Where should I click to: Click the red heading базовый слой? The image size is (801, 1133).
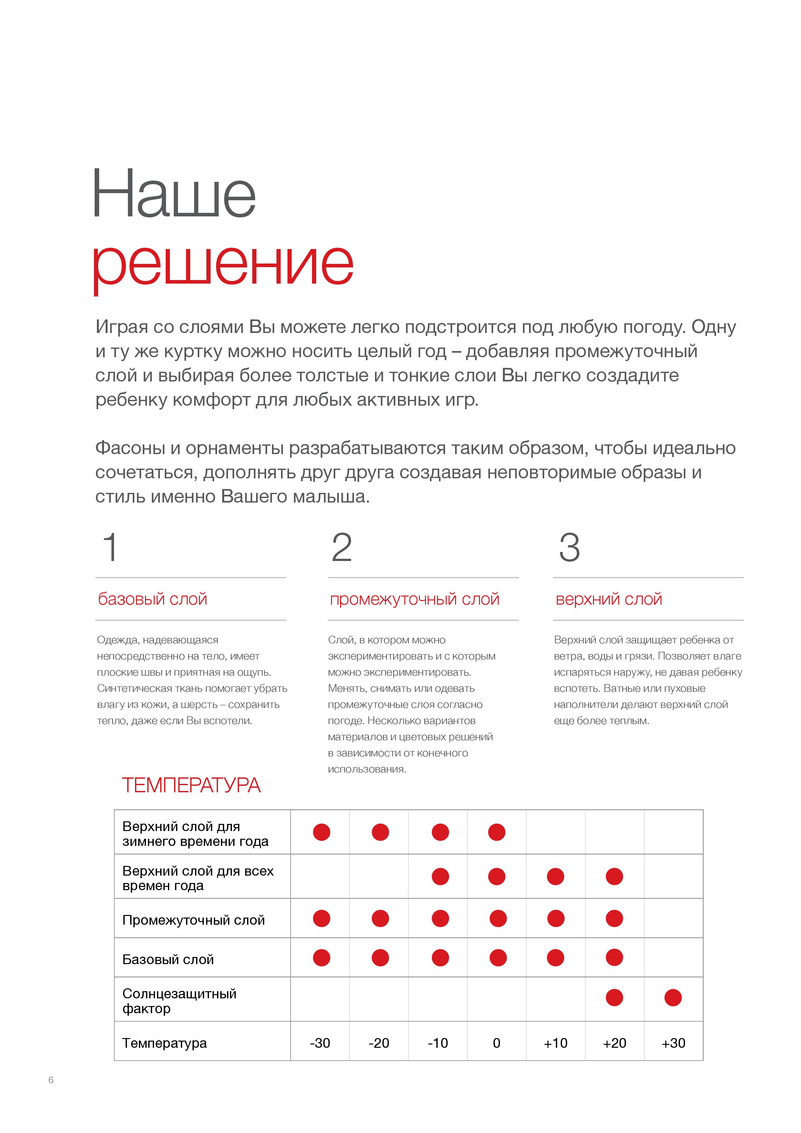[x=152, y=599]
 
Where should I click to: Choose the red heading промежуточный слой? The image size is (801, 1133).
[x=415, y=599]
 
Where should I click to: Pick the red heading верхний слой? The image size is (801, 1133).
[x=609, y=599]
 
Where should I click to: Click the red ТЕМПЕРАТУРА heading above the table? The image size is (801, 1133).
[x=191, y=785]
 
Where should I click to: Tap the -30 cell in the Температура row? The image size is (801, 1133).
[x=320, y=1043]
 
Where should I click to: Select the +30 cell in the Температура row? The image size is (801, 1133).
[x=673, y=1043]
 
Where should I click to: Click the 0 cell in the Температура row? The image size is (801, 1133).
[x=496, y=1043]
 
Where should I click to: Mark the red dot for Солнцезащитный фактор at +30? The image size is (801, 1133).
[x=673, y=997]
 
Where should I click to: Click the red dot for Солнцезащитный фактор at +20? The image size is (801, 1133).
[x=614, y=997]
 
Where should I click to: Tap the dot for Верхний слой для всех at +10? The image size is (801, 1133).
[x=555, y=877]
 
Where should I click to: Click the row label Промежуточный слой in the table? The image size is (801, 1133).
[x=193, y=920]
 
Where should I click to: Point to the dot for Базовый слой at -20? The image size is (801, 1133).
[x=380, y=958]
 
